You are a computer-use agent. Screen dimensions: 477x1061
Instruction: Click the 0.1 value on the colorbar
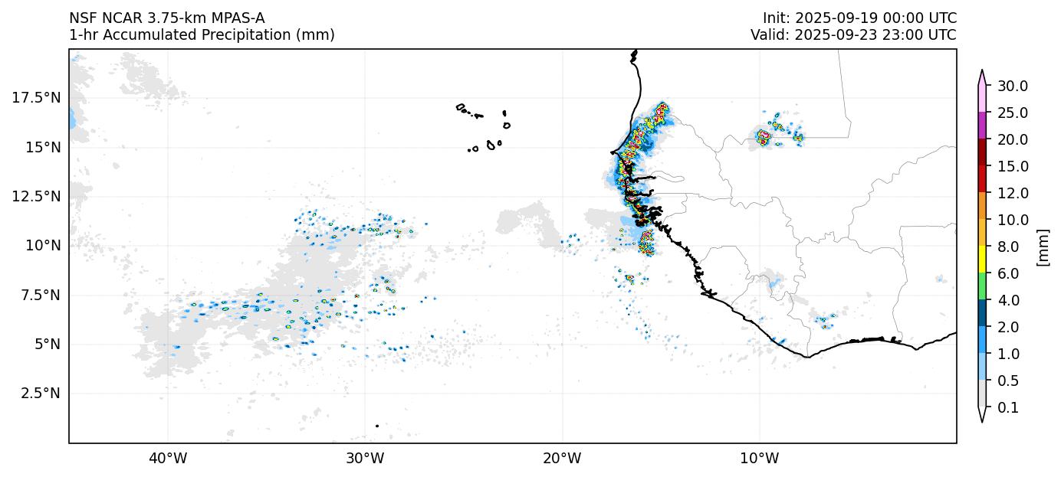pos(1007,408)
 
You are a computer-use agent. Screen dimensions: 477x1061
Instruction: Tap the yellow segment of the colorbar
pos(981,260)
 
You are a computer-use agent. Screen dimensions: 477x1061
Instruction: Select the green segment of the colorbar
pos(981,286)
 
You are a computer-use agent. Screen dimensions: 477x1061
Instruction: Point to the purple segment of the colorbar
pos(981,126)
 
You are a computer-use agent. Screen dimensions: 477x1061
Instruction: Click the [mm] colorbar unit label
pos(1042,247)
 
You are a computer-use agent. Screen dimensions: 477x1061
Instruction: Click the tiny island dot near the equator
pos(377,426)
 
